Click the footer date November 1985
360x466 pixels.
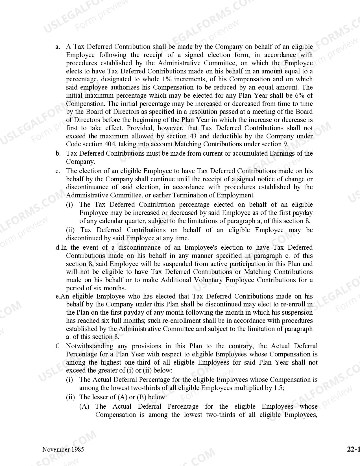63,449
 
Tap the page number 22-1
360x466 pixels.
354,449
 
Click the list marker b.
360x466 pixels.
58,154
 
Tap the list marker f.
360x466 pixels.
58,346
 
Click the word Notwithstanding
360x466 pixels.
90,346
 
